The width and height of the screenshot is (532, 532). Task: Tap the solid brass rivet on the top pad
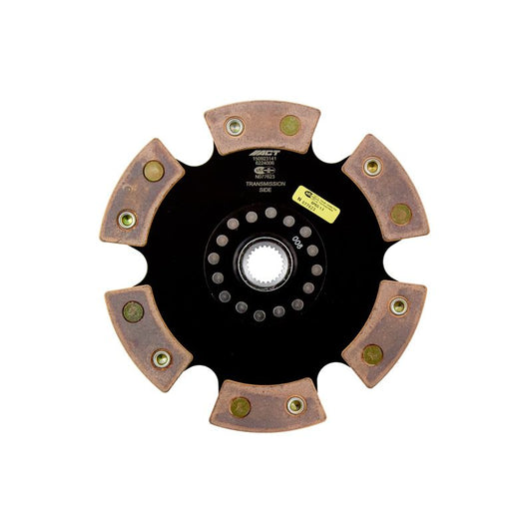pos(289,125)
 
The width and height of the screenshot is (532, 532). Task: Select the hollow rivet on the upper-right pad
pos(371,167)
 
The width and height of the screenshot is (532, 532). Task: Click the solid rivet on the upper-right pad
pos(399,214)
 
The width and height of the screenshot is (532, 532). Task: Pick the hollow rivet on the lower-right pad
pos(397,306)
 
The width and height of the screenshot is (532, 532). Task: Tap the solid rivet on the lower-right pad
pos(371,353)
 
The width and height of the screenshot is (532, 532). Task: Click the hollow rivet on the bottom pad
pos(294,405)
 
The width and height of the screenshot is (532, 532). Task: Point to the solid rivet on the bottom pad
pos(240,406)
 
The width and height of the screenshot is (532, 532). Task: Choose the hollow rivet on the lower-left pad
pos(160,359)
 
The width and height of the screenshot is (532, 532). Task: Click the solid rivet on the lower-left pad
pos(133,311)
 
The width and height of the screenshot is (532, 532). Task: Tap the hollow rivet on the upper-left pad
pos(127,219)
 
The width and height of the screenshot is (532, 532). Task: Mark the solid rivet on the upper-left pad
pos(153,172)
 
